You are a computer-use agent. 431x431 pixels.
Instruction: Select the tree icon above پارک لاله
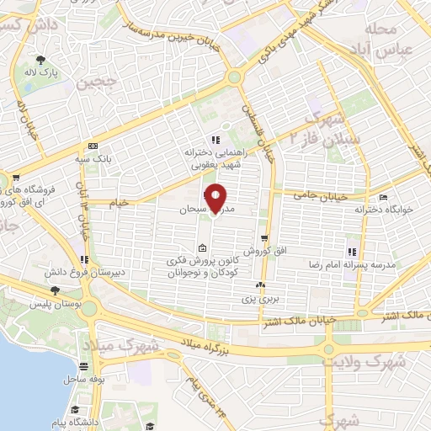pos(40,59)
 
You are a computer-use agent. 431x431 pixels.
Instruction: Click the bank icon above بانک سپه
pos(93,145)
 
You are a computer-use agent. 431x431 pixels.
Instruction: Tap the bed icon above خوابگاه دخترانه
pos(384,199)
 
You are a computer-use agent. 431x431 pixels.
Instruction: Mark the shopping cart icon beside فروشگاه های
pos(16,178)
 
